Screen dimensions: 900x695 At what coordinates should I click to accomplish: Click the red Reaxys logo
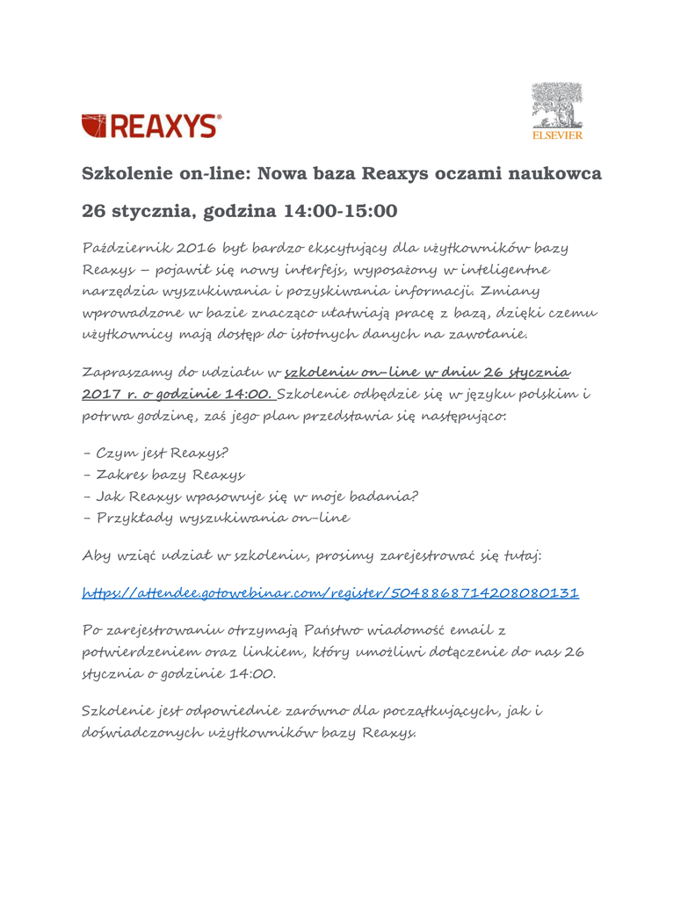(x=151, y=126)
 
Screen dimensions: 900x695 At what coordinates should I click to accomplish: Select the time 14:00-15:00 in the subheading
(x=339, y=212)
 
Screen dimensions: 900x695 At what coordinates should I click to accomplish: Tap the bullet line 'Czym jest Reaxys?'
(x=155, y=454)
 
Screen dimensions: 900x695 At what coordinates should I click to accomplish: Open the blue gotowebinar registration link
(x=329, y=593)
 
